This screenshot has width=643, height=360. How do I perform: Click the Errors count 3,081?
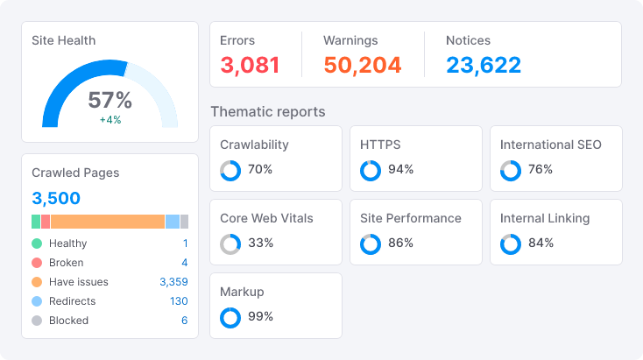pos(250,65)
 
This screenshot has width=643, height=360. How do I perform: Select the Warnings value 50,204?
pos(362,65)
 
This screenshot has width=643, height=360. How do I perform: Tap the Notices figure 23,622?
pos(483,65)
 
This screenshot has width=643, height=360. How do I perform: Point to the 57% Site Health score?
pos(110,100)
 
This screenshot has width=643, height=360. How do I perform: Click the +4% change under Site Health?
pos(110,119)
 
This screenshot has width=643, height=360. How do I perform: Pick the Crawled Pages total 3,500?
pos(56,198)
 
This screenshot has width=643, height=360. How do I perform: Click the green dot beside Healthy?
pos(37,244)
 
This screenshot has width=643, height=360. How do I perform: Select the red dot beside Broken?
pos(37,263)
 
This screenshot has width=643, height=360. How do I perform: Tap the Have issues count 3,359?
pos(173,282)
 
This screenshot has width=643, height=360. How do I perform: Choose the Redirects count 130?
pos(179,301)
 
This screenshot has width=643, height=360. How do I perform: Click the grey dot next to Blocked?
pos(37,321)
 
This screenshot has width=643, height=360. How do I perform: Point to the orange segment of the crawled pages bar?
pos(107,222)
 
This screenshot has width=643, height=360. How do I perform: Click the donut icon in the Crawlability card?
pos(230,170)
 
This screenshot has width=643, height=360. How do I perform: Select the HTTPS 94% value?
pos(400,170)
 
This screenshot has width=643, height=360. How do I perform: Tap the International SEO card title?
pos(550,145)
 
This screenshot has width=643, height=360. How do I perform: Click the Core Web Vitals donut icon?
pos(230,244)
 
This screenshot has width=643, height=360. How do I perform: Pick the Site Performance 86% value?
pos(400,244)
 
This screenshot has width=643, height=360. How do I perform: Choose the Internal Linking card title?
pos(545,218)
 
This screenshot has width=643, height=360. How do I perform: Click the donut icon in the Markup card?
pos(230,317)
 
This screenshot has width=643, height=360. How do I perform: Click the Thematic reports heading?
pos(268,112)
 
